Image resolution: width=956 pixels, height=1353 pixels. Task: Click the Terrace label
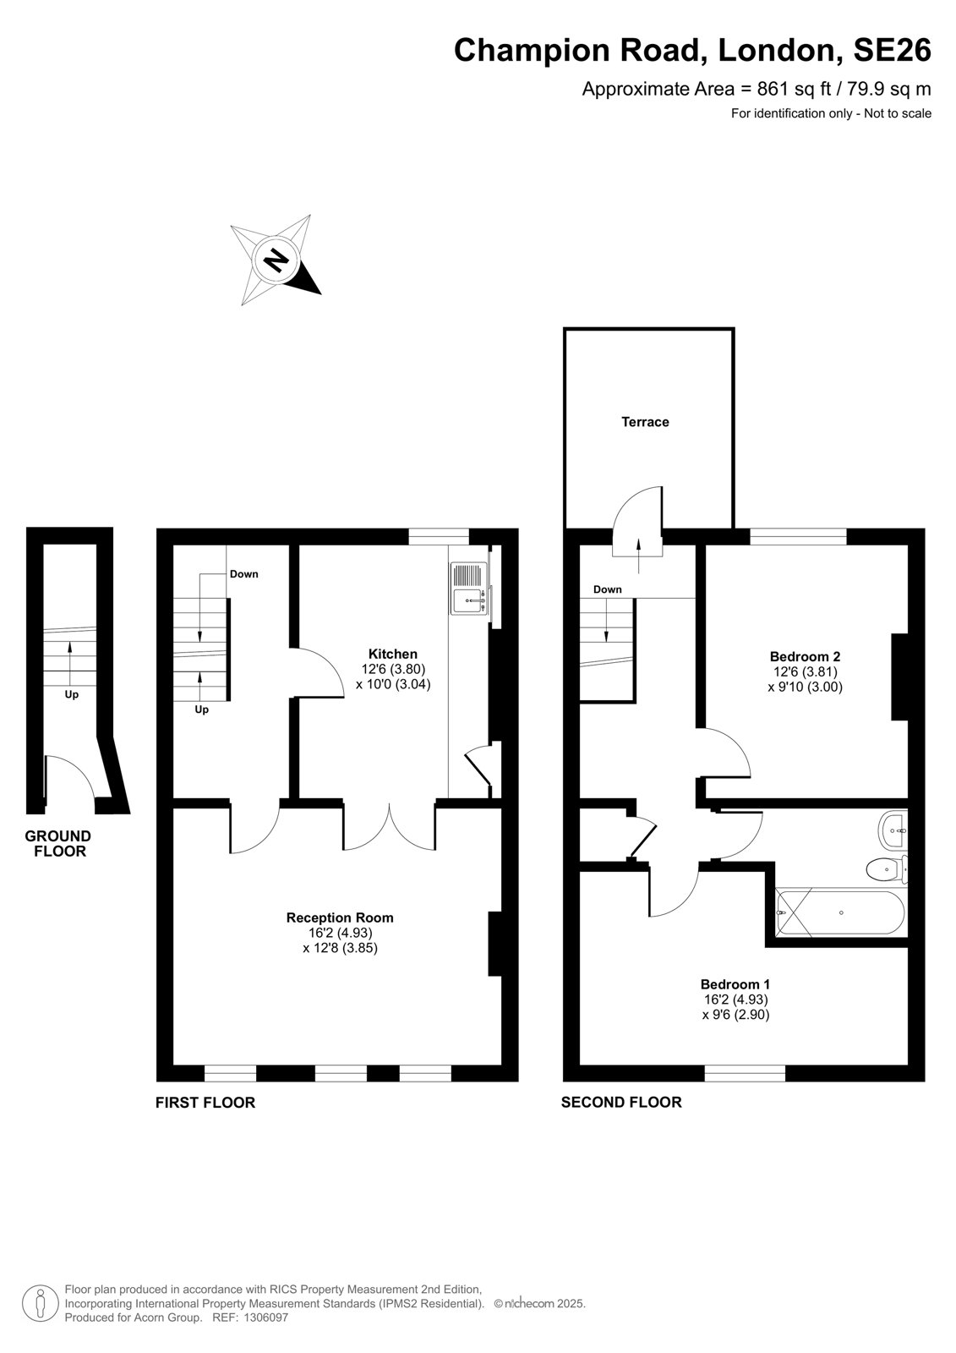pos(645,422)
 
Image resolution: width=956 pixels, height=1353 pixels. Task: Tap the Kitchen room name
pos(392,654)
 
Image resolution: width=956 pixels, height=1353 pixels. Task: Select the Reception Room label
pos(340,918)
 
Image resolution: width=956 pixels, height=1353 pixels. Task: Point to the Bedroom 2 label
pos(805,656)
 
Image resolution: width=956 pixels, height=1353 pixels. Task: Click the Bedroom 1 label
pos(735,984)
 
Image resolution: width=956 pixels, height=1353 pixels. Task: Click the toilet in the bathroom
pos(886,869)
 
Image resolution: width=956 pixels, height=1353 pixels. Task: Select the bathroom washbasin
pos(893,830)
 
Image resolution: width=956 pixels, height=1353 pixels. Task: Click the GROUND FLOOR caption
pos(58,844)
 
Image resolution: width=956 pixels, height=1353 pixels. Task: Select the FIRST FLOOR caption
pos(205,1103)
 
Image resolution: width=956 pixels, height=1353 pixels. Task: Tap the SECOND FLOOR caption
pos(621,1103)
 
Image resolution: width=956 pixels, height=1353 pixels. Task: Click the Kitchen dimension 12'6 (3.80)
pos(394,669)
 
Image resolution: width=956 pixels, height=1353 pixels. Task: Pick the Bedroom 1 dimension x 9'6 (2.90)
pos(735,1015)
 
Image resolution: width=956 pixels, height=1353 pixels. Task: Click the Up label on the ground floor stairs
pos(71,694)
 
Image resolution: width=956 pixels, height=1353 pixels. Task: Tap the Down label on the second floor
pos(607,589)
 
